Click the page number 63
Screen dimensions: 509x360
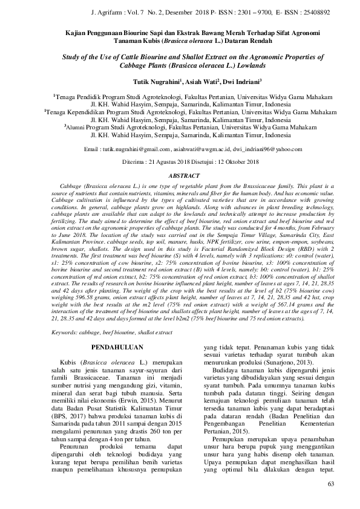(x=330, y=484)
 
